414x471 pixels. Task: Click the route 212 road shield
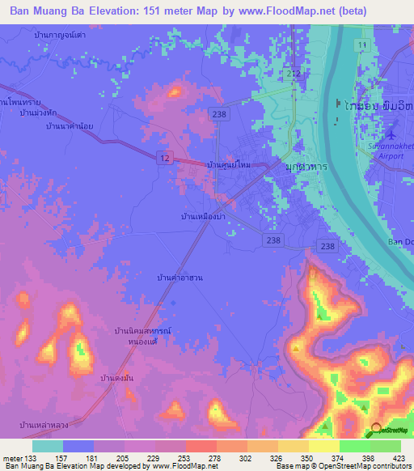tap(293, 74)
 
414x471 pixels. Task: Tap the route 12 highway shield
tap(164, 159)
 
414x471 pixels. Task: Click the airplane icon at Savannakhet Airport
tap(393, 132)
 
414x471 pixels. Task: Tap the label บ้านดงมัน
tap(117, 378)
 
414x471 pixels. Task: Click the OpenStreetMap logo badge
tap(391, 430)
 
